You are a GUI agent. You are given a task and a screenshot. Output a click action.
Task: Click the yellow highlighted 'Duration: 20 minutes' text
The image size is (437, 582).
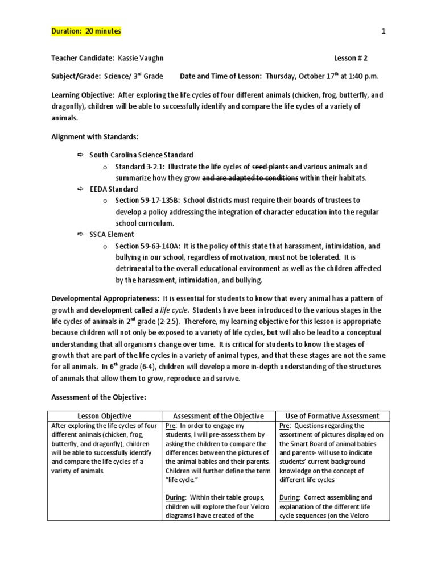[x=86, y=31]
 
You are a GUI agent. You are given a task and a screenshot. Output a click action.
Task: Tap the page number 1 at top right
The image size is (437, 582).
[x=384, y=31]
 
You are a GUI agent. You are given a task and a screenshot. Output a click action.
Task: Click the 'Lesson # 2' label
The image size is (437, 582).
[x=354, y=59]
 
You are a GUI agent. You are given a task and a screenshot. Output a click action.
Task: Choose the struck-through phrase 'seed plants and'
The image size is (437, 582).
[x=277, y=167]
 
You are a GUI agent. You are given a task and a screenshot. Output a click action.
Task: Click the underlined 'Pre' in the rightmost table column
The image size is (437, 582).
[x=286, y=426]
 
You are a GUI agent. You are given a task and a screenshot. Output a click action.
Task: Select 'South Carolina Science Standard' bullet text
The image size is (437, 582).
[x=142, y=155]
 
